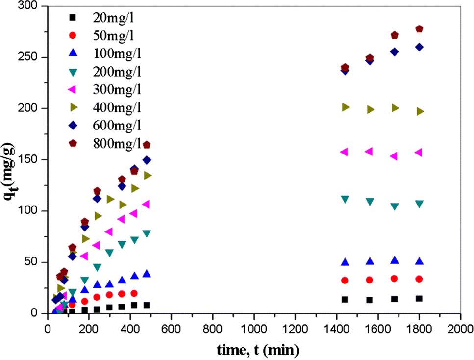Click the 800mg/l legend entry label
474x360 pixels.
tap(117, 143)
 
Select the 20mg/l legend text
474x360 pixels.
tap(113, 18)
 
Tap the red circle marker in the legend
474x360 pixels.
tap(73, 36)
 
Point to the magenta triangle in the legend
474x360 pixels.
tap(72, 90)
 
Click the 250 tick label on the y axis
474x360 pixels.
tap(29, 57)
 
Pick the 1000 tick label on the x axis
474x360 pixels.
tap(254, 329)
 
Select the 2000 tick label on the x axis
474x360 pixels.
tap(460, 329)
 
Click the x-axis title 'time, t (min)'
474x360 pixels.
tap(258, 350)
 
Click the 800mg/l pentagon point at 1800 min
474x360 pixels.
tap(419, 29)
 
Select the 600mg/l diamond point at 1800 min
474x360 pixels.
tap(419, 47)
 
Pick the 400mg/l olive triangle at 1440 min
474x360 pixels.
tap(346, 107)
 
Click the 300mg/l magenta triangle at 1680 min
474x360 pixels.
tap(394, 156)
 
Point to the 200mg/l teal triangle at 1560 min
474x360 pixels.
tap(370, 202)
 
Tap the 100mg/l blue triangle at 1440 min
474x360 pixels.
tap(345, 262)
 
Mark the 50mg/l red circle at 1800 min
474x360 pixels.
tap(419, 279)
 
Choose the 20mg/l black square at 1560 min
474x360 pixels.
tap(370, 300)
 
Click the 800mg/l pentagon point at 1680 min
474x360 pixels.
tap(394, 35)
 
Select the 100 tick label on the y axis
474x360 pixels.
tap(29, 210)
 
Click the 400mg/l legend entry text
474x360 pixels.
tap(117, 108)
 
